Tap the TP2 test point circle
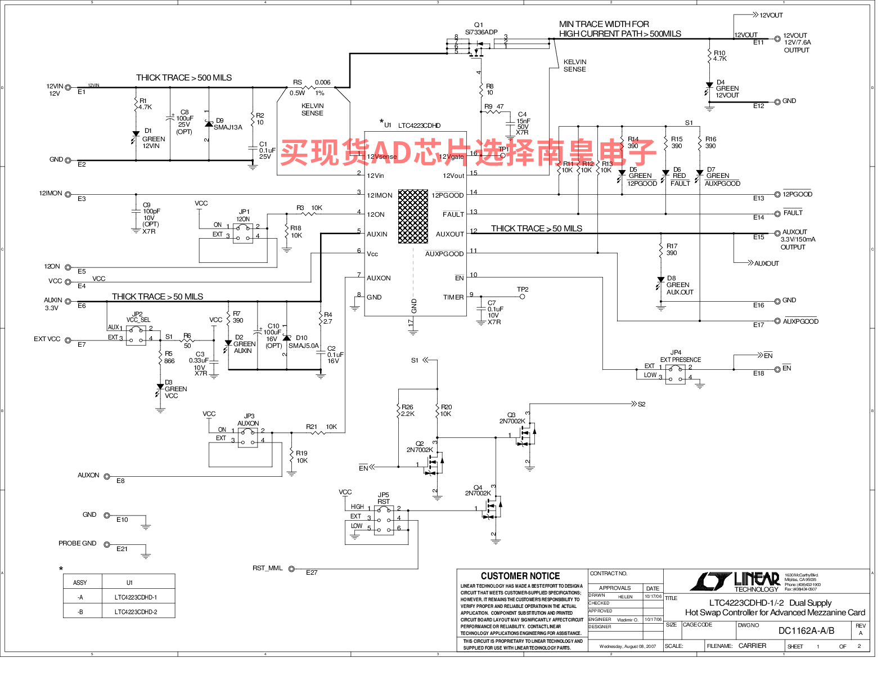pos(523,297)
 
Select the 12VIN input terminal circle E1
pos(68,87)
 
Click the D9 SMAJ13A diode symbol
pos(209,124)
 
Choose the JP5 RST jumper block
pos(384,519)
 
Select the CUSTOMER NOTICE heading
pos(520,576)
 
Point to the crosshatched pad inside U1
pos(413,216)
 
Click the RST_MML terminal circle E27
pos(291,569)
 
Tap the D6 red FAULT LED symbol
pos(665,173)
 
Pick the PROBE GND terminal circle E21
pos(107,544)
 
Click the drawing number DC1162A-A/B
pos(806,630)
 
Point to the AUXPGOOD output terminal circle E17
pos(777,321)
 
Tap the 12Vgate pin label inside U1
pos(451,157)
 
